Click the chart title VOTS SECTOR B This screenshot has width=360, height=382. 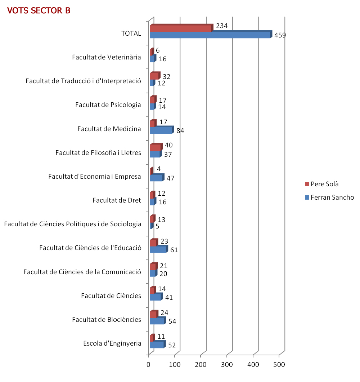click(x=39, y=11)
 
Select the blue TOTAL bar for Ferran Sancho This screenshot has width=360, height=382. click(x=210, y=35)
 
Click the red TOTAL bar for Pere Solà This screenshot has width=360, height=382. click(x=181, y=28)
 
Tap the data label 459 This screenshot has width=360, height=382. click(x=280, y=35)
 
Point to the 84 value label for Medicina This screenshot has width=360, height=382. click(x=180, y=131)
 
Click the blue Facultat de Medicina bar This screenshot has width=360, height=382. click(x=161, y=130)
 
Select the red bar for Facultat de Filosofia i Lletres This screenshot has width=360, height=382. click(x=155, y=148)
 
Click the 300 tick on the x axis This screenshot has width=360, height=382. click(x=227, y=364)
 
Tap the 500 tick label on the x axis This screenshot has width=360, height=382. click(x=279, y=364)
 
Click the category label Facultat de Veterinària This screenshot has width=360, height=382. click(x=106, y=57)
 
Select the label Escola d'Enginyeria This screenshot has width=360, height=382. click(x=112, y=343)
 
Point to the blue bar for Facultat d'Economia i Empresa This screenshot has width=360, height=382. click(x=156, y=178)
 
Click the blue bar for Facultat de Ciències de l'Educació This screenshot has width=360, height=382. click(x=158, y=249)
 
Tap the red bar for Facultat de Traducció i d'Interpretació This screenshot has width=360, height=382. click(x=154, y=76)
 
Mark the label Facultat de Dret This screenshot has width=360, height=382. click(x=117, y=200)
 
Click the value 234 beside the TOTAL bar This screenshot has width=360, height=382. click(x=222, y=26)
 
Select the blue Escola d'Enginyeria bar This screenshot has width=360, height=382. click(x=157, y=345)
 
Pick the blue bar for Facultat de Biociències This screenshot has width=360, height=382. click(x=157, y=321)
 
